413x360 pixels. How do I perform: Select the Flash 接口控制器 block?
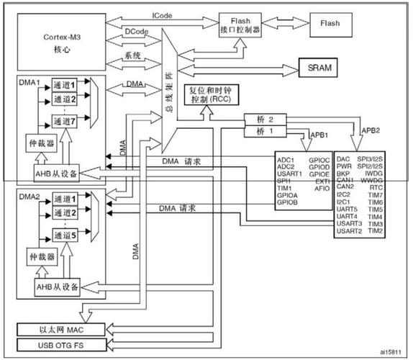(240, 27)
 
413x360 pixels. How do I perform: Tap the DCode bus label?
(137, 32)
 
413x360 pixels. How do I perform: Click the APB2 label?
(371, 131)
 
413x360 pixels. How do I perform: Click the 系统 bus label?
(133, 55)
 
